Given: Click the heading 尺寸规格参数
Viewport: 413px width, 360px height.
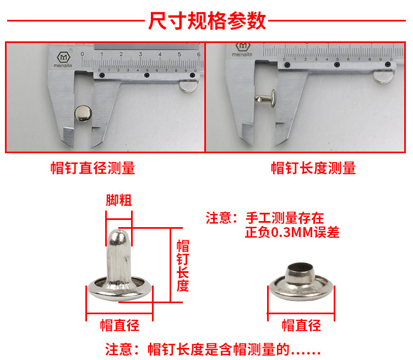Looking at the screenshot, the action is click(x=207, y=20).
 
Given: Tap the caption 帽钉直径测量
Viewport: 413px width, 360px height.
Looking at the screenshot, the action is click(x=93, y=168).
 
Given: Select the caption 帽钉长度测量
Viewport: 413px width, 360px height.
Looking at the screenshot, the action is click(x=313, y=168).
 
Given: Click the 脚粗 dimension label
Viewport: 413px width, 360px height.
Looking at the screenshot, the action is click(x=119, y=200).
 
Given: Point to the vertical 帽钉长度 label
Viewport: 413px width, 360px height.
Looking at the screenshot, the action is click(x=183, y=265).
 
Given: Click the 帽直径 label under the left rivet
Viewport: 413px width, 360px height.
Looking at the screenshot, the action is click(x=119, y=325).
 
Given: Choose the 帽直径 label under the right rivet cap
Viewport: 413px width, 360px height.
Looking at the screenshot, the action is click(x=301, y=325).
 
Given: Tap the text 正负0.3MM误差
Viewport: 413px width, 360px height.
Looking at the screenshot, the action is click(x=292, y=232).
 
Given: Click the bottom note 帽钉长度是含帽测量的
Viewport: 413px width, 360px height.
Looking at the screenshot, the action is click(x=219, y=350).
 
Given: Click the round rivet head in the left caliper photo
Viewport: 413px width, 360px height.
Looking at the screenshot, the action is click(x=83, y=114).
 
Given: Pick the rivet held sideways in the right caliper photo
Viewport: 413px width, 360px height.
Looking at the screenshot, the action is click(x=265, y=99).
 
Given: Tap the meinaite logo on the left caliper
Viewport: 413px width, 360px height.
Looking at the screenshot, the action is click(x=63, y=60).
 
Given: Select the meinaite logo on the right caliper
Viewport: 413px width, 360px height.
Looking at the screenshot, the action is click(x=242, y=50).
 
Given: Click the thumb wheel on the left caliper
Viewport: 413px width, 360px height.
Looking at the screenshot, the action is click(x=188, y=86).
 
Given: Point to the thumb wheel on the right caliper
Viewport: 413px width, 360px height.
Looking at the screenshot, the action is click(x=383, y=77).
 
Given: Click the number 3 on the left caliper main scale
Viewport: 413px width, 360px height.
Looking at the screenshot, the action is click(x=140, y=54).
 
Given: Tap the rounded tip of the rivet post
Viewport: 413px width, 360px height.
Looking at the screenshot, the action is click(x=118, y=234).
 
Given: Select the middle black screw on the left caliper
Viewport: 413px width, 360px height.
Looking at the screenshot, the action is click(x=147, y=75).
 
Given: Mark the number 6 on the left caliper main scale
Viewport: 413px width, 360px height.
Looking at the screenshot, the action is click(x=199, y=54).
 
